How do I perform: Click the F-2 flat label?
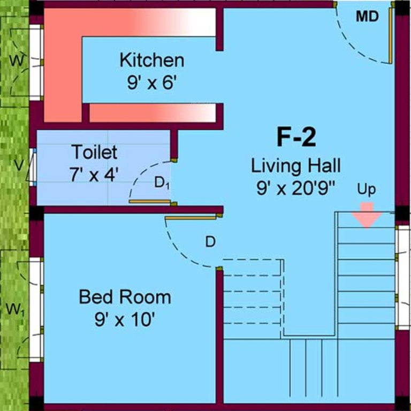tap(296, 138)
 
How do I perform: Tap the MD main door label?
tap(367, 17)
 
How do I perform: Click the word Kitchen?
tap(151, 60)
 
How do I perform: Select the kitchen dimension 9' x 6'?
tap(151, 83)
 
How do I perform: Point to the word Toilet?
tap(95, 153)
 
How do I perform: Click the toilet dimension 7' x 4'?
tap(94, 174)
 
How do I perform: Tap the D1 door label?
tap(162, 183)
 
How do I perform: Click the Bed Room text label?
tap(125, 296)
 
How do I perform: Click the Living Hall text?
tap(296, 166)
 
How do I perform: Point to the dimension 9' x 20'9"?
tap(296, 189)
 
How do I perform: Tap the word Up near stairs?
tap(367, 189)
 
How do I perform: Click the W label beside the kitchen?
tap(17, 61)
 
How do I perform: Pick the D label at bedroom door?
tap(210, 242)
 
